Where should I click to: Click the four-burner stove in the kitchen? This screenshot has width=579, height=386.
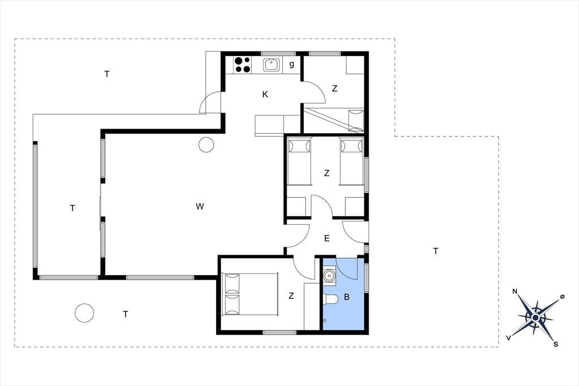coord(242,65)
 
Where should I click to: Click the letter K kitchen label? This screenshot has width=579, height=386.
coord(265,95)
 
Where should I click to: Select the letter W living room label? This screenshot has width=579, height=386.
coord(200,207)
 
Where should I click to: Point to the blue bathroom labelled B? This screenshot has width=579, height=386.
coord(345,293)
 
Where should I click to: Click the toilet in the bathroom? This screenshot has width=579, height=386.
coord(330,299)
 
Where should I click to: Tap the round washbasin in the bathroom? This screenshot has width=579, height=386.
coord(329,276)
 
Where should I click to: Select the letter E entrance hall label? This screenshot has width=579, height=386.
coord(327,238)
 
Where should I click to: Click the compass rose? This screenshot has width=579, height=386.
coord(535,318)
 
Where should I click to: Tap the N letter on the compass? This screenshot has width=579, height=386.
coord(515,291)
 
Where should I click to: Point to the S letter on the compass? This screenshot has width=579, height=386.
coord(556,344)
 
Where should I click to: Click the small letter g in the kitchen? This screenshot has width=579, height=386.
coord(292,65)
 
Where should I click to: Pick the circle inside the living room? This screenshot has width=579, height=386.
coord(206,144)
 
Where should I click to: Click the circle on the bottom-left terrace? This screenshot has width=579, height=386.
coord(84,313)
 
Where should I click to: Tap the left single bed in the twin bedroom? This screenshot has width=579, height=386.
coord(299,161)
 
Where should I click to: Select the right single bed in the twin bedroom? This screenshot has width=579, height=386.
coord(352,161)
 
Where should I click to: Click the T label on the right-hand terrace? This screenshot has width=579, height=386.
coord(436,251)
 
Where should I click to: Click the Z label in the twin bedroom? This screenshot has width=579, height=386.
coord(326,173)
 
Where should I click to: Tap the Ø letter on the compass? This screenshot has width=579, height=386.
coord(562,297)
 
